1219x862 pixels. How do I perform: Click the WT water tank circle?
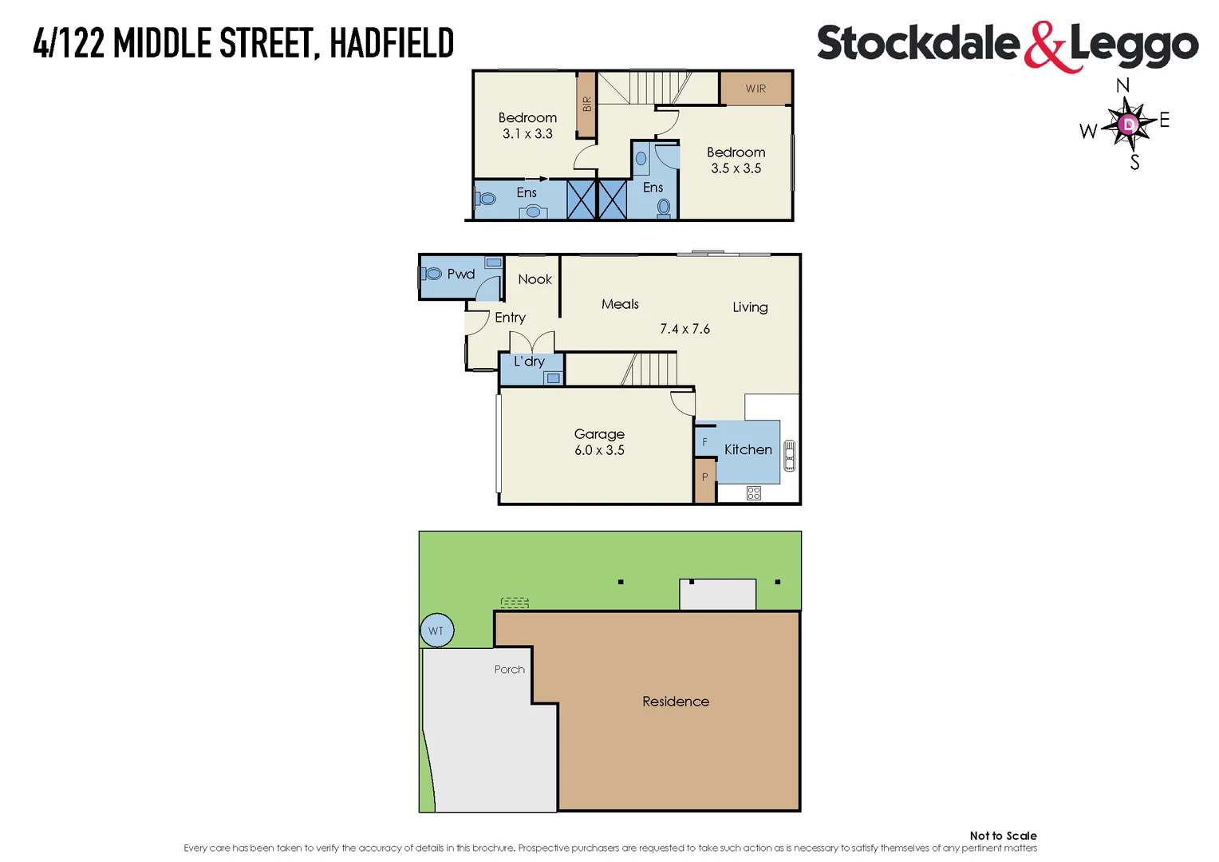[436, 631]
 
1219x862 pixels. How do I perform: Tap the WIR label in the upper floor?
[755, 89]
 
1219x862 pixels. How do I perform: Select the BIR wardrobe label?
[587, 105]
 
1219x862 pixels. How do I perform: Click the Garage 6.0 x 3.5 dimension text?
[599, 450]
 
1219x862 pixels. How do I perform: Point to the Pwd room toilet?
[432, 274]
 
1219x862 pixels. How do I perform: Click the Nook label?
[535, 279]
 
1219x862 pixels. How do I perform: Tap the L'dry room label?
[529, 362]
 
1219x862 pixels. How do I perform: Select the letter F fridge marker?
[704, 442]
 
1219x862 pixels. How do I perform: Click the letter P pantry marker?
[704, 477]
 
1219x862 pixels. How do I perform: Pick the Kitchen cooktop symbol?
[753, 493]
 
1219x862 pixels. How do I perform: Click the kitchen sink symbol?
[789, 456]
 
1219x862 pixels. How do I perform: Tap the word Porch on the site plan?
[509, 670]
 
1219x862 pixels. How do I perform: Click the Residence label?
[676, 702]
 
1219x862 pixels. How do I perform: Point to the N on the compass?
[1122, 85]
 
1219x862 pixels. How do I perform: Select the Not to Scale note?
[1003, 836]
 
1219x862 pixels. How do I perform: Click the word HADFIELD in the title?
[392, 44]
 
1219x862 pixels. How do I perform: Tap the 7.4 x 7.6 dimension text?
[684, 329]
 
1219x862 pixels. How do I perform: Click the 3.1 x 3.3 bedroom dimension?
[527, 134]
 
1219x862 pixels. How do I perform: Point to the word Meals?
[620, 304]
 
